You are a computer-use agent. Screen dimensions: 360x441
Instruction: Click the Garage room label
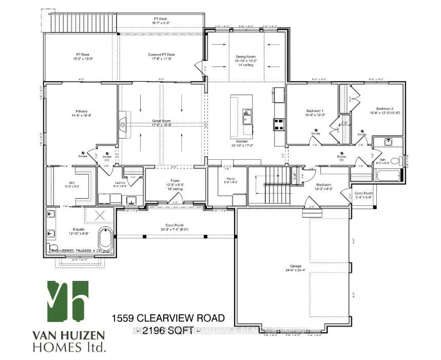point(295,268)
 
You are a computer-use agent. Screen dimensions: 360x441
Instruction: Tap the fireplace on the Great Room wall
point(123,123)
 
